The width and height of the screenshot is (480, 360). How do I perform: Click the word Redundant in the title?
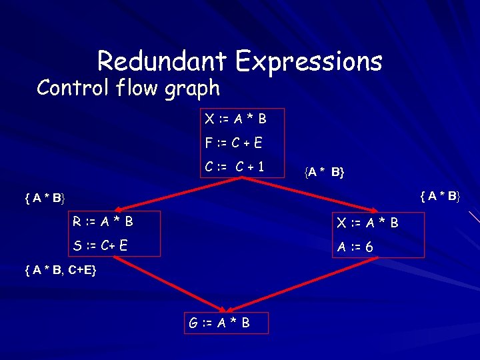[x=163, y=61]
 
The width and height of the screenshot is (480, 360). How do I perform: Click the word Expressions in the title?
[x=308, y=62]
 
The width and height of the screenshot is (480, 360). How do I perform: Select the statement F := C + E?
[x=233, y=143]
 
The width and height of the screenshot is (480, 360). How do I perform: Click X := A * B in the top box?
[x=235, y=119]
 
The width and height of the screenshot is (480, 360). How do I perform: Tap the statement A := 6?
[x=355, y=247]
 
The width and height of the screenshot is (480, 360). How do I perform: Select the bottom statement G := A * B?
[x=219, y=323]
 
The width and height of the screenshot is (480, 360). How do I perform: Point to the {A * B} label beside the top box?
[x=325, y=173]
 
